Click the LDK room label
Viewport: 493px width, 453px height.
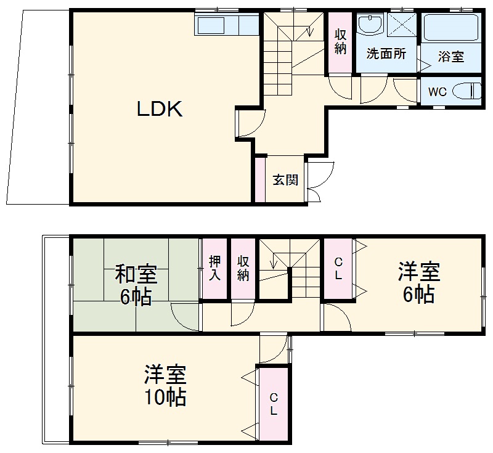(158, 110)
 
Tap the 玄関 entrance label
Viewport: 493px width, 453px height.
(285, 180)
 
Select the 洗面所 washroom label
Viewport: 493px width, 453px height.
(386, 54)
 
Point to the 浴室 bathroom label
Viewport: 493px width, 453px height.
(450, 57)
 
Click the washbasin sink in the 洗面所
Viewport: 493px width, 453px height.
(372, 26)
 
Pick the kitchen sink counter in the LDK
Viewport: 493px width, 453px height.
(211, 26)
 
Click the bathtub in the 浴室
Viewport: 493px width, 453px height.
(450, 28)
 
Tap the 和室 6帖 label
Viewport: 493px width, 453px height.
(136, 284)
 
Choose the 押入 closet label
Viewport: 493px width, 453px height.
(214, 267)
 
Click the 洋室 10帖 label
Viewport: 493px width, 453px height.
(165, 386)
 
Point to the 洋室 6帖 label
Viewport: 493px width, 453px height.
(418, 283)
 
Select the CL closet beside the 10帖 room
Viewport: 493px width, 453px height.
(273, 403)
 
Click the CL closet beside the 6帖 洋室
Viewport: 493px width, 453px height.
(338, 269)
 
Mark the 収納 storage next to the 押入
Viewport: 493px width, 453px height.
(243, 267)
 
